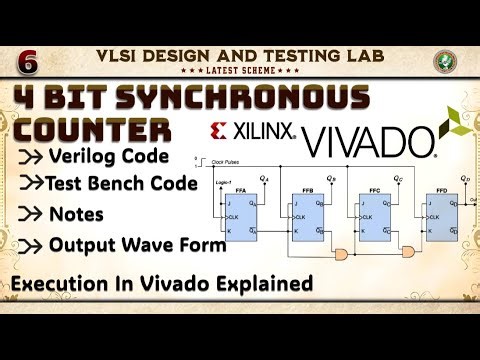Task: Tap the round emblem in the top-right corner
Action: pos(447,60)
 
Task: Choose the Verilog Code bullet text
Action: pos(112,157)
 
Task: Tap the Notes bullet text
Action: pos(76,214)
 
